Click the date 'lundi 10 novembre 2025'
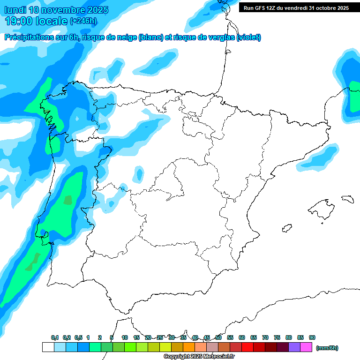(56, 10)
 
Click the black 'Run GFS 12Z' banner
(296, 8)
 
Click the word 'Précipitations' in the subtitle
(29, 37)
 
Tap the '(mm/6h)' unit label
(327, 348)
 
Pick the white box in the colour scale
(48, 347)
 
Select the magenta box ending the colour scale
(306, 347)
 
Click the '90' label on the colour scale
(312, 337)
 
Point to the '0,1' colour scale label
(55, 337)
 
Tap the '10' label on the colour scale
(125, 337)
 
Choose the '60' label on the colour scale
(242, 337)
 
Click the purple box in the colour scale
(294, 347)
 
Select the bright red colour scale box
(247, 347)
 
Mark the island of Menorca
(347, 199)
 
